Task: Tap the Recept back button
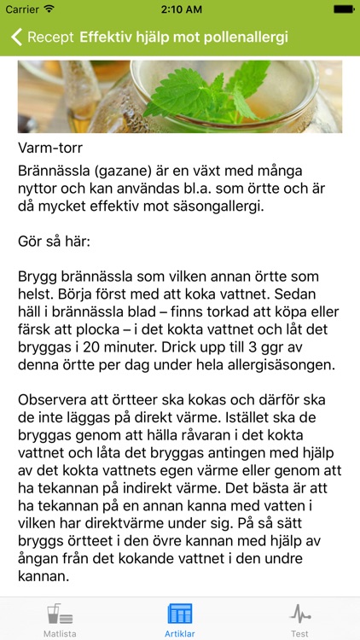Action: pos(43,38)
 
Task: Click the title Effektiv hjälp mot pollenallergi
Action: pos(183,38)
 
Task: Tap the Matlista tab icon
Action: pos(59,614)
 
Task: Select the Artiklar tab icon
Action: pos(180,614)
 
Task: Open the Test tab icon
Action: pos(300,614)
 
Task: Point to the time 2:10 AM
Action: pos(180,9)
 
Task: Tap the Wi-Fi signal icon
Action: pos(49,9)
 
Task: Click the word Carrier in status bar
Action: pos(22,9)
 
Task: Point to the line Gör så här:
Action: pos(53,241)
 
